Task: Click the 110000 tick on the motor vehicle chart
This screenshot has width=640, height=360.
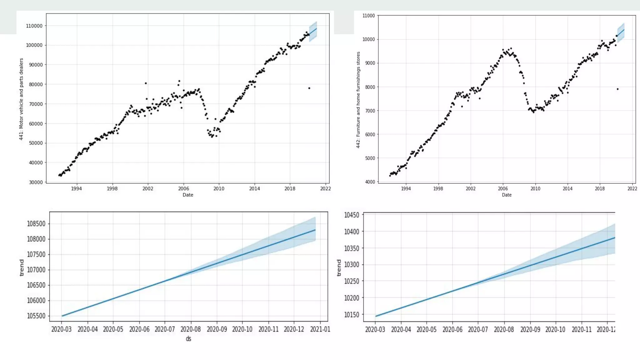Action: click(x=34, y=26)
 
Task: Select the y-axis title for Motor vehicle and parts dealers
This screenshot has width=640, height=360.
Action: click(x=21, y=99)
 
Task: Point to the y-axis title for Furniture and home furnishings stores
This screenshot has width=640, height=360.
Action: click(x=358, y=100)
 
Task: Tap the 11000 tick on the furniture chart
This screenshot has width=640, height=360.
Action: click(x=368, y=16)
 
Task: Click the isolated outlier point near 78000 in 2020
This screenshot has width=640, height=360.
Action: click(x=309, y=88)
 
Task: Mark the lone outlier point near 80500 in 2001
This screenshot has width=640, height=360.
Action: click(x=146, y=83)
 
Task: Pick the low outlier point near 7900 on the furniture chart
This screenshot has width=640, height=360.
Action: click(x=617, y=89)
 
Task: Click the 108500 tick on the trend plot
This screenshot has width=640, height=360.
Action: click(x=36, y=224)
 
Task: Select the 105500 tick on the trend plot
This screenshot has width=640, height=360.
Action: click(x=36, y=316)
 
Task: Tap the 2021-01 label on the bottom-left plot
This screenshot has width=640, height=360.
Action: click(x=320, y=329)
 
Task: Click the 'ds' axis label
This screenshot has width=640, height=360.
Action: click(x=188, y=339)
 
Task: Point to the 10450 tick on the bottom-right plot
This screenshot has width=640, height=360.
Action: click(x=352, y=215)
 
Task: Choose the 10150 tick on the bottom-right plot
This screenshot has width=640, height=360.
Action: click(x=352, y=315)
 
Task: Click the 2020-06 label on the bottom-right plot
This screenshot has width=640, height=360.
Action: click(x=452, y=330)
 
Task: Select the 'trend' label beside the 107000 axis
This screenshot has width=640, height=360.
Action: click(x=22, y=268)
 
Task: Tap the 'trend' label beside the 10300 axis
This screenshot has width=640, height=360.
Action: click(x=339, y=268)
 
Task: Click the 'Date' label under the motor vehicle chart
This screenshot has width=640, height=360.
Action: click(x=188, y=195)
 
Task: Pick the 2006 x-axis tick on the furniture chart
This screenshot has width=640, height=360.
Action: click(x=502, y=189)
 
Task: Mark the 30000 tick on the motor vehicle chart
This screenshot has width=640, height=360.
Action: click(x=36, y=182)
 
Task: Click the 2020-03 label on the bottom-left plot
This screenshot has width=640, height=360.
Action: click(x=61, y=329)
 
